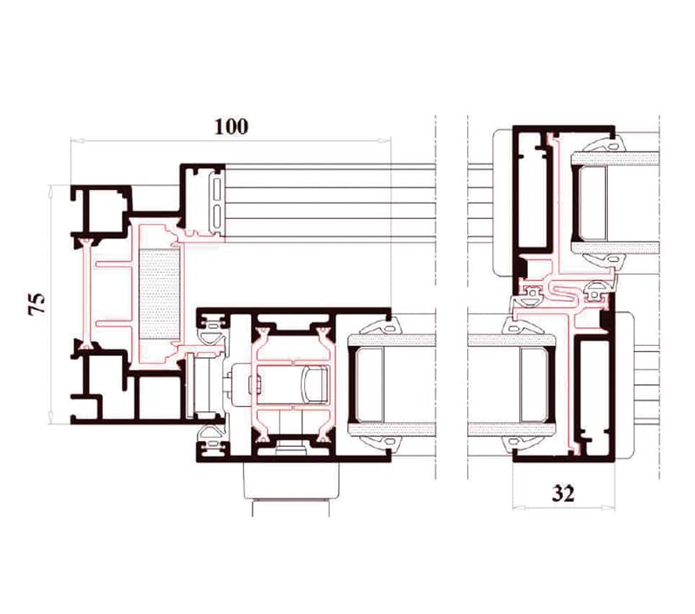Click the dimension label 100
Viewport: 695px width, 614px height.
231,127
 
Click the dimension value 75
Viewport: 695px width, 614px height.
37,304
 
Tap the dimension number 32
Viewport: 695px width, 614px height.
563,494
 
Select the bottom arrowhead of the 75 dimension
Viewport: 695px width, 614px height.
51,417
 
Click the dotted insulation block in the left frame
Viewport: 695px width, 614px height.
159,294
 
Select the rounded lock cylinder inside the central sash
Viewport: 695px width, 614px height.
314,385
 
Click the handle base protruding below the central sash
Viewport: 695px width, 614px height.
291,482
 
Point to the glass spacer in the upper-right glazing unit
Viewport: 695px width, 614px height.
591,204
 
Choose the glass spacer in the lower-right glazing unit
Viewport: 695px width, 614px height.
536,384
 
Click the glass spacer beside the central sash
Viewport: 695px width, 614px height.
366,384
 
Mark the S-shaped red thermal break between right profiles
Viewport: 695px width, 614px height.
564,294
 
